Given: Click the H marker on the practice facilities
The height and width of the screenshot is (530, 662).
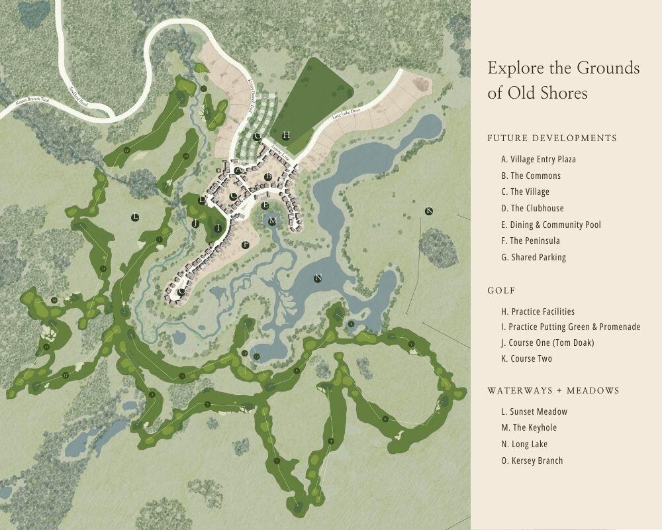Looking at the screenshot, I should point(286,135).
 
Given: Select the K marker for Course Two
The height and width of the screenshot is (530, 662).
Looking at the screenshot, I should point(428,211).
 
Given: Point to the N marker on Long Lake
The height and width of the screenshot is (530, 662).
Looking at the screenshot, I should point(318,278).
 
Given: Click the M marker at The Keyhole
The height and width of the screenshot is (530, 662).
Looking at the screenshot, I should point(272,221).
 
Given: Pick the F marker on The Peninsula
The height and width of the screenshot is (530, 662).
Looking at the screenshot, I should point(246,244).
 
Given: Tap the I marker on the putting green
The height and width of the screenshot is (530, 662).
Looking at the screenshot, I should point(218,227).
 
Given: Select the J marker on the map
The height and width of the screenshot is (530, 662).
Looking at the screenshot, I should point(195,224).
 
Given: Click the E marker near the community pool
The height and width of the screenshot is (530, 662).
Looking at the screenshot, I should point(265,205).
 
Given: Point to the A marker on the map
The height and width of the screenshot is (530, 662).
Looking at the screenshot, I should point(237,170).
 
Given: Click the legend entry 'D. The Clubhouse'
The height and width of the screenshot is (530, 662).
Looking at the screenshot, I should point(532,208).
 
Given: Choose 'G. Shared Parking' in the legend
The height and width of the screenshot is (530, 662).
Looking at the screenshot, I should point(534,257).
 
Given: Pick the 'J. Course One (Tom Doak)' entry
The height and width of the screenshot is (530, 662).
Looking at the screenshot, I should point(547,343).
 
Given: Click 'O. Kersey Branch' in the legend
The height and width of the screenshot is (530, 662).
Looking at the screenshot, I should point(532,460).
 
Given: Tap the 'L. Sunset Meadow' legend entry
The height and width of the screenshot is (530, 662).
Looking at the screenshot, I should point(534,411).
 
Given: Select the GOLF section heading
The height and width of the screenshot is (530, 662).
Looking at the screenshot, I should point(501,290).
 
